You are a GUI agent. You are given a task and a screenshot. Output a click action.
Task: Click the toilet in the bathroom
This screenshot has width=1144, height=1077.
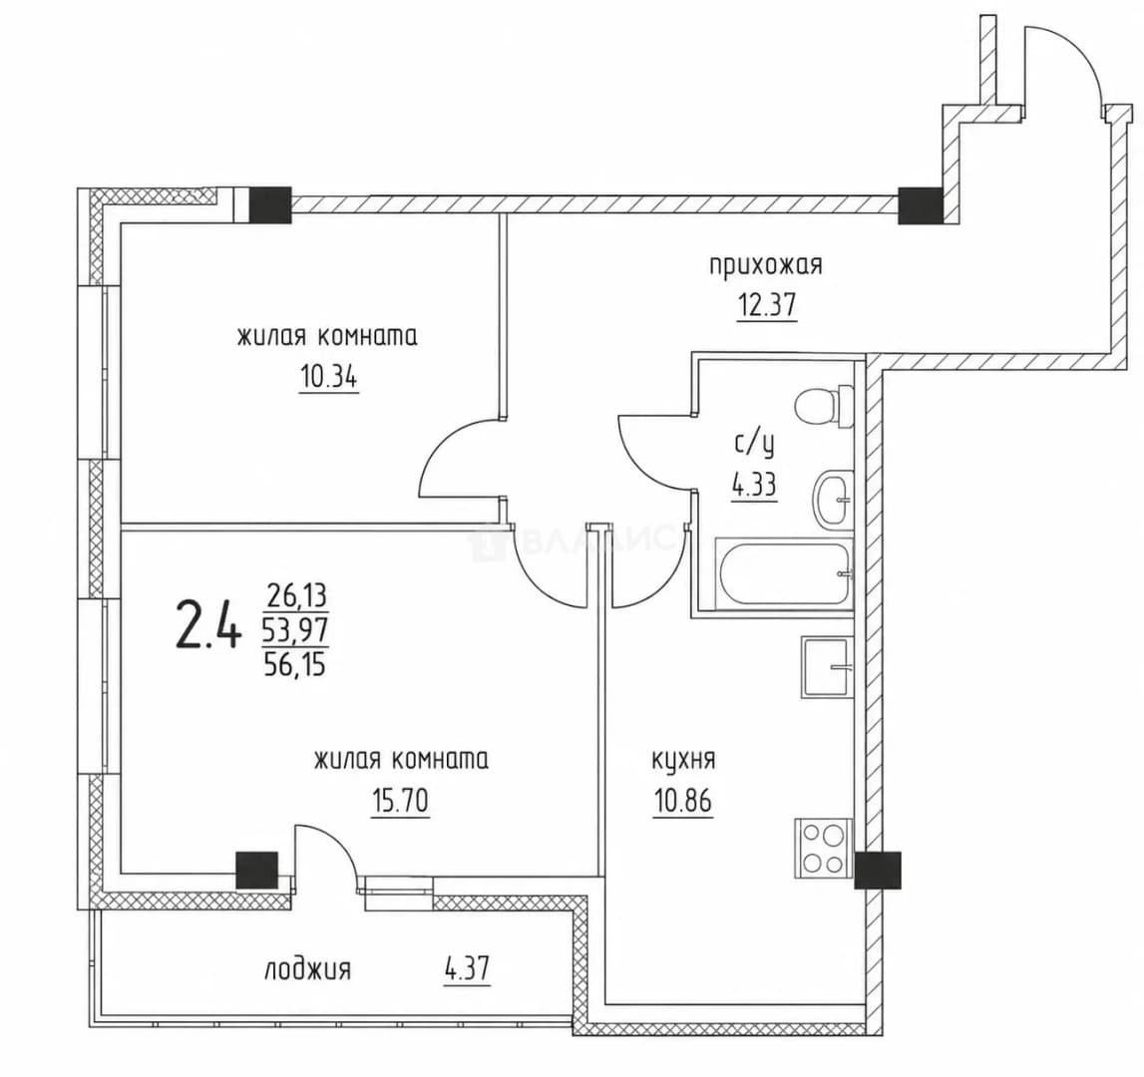click(x=825, y=407)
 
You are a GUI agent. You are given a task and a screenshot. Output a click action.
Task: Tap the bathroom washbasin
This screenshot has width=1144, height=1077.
click(x=833, y=499)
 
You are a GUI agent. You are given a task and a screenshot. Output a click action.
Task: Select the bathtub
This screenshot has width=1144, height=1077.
click(x=784, y=572)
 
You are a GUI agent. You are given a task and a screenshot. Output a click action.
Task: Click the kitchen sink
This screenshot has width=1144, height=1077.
click(x=827, y=667)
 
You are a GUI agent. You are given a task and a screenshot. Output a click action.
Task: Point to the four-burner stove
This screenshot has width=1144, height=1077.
click(x=823, y=848)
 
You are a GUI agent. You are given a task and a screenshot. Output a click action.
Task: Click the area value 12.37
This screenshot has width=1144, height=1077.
click(x=766, y=305)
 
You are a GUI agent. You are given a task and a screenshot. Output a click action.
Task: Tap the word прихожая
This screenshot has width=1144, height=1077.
click(x=766, y=264)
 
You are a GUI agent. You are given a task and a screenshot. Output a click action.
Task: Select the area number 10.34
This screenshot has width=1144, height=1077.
click(x=328, y=378)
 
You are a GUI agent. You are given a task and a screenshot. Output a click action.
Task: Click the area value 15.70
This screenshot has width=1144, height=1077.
click(x=401, y=802)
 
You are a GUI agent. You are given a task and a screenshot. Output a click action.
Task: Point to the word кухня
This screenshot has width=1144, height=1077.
click(x=683, y=760)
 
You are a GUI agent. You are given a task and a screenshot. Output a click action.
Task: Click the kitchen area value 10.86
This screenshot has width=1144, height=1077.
click(x=683, y=801)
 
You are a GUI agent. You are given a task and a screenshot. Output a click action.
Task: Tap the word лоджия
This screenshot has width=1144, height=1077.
click(x=308, y=969)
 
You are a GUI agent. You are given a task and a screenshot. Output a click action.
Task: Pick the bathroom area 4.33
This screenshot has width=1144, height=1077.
click(x=754, y=484)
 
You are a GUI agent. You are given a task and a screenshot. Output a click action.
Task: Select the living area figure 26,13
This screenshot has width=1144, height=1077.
click(x=297, y=596)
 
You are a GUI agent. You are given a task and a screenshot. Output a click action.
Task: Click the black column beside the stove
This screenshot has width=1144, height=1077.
click(x=878, y=871)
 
